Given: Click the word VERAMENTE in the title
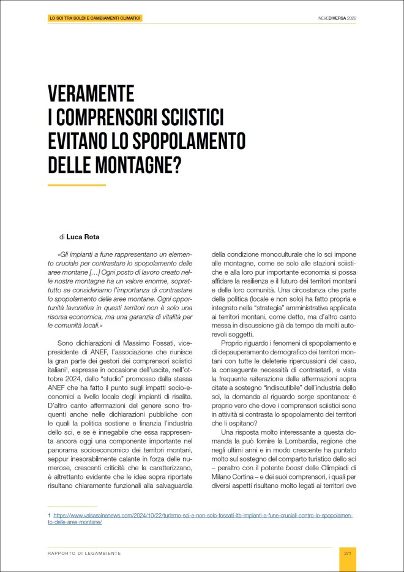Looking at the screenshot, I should pos(91,94).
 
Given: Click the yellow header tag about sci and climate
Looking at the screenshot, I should pos(95,18).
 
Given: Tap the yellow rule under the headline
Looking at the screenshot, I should pos(77,185).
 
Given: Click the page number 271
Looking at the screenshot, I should pos(347,553).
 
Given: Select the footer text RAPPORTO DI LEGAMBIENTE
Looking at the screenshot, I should pos(84,553).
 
